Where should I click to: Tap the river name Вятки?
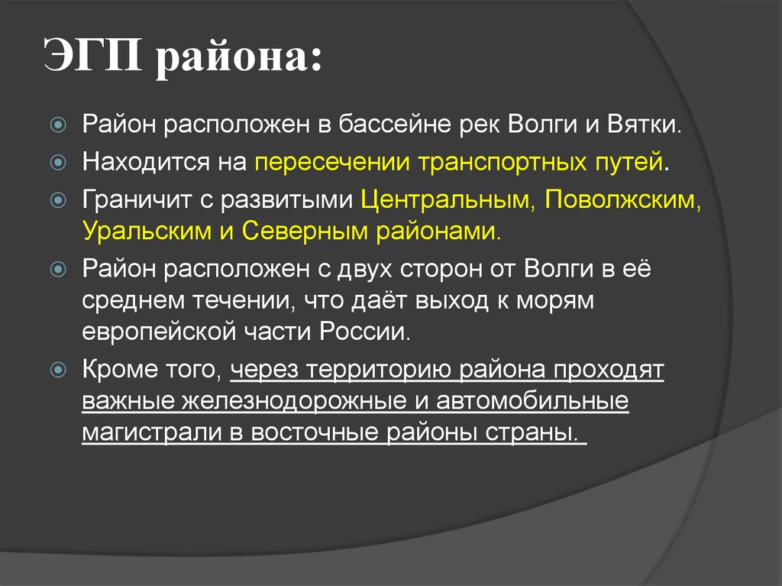tap(644, 124)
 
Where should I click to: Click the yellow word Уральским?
tap(146, 230)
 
